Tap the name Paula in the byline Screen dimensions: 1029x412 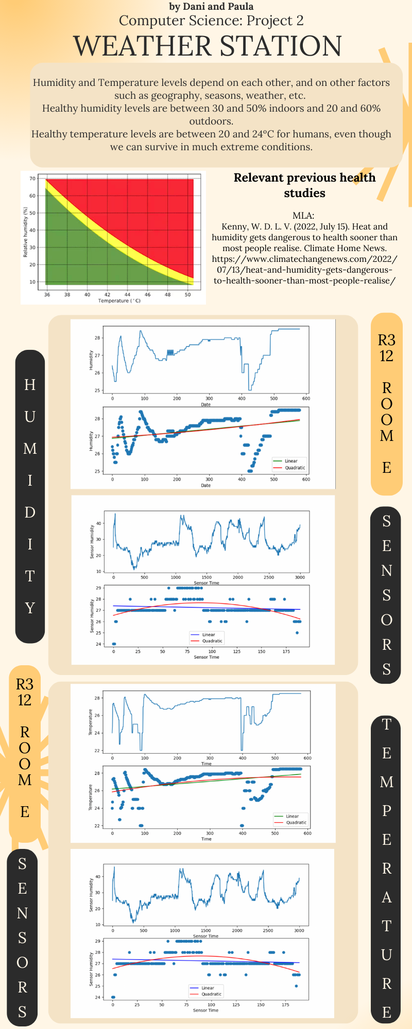click(240, 6)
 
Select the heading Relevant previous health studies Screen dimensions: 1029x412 click(304, 185)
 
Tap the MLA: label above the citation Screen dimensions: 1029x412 click(303, 216)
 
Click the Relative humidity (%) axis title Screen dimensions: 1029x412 click(25, 232)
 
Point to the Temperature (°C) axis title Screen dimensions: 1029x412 click(119, 300)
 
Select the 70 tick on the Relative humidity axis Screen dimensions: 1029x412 click(32, 179)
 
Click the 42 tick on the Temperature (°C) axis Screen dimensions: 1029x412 click(107, 295)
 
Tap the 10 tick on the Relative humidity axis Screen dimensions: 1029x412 click(32, 282)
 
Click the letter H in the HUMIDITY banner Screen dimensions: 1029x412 click(30, 385)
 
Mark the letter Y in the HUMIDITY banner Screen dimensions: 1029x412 click(30, 608)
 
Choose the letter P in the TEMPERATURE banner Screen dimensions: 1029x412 click(386, 811)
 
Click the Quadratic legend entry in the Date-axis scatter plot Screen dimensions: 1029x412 click(295, 468)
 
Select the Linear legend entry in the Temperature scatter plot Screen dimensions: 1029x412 click(292, 816)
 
